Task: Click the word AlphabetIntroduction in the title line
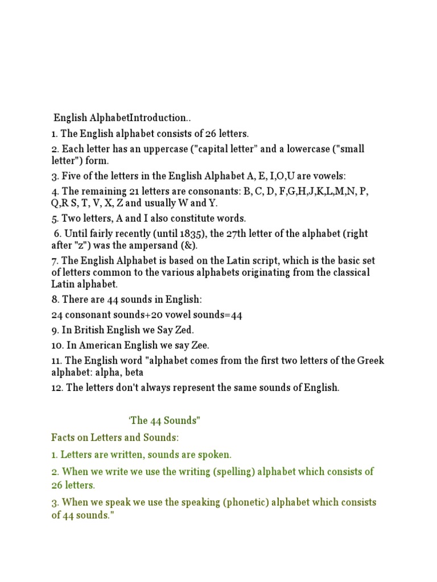140,118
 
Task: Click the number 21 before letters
137,192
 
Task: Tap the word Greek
371,361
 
